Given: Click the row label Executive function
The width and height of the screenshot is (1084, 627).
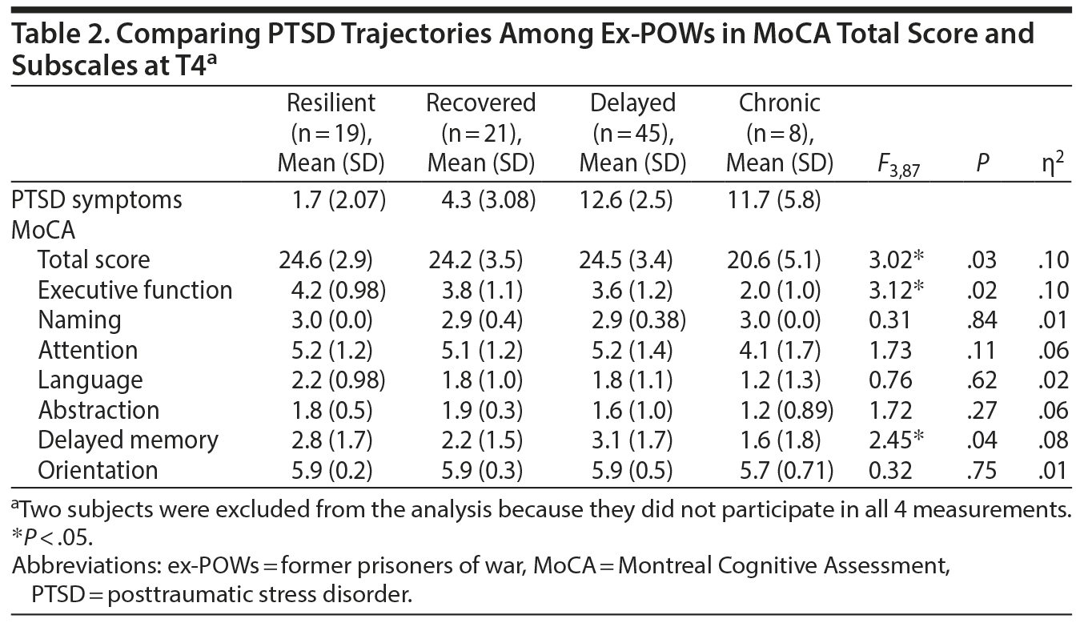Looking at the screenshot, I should [x=135, y=290].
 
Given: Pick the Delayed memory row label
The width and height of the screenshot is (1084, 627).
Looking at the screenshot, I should [x=128, y=440].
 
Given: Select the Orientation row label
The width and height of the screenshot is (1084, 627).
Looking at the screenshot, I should [x=98, y=470].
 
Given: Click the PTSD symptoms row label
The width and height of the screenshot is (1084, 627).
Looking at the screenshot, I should [x=97, y=199].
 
